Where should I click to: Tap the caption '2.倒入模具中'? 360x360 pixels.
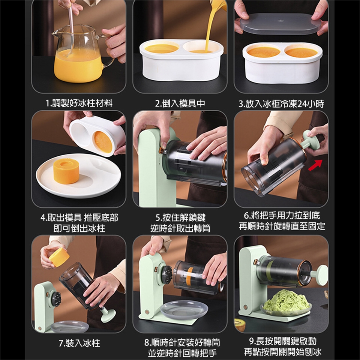(x=180, y=103)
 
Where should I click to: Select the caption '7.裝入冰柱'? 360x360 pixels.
(x=79, y=343)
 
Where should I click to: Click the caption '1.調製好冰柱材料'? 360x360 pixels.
(x=79, y=103)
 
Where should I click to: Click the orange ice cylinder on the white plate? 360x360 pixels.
(x=66, y=171)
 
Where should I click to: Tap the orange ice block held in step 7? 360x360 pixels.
(x=59, y=257)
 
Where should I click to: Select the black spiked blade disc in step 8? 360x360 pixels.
(x=167, y=275)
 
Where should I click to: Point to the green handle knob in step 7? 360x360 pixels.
(x=107, y=315)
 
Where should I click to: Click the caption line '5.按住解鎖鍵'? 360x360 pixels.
(x=180, y=217)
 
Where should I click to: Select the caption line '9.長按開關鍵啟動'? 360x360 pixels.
(x=283, y=341)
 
